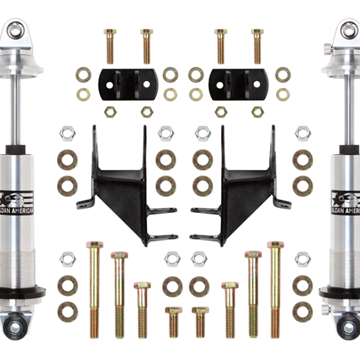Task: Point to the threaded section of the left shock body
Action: click(x=17, y=264)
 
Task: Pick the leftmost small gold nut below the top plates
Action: click(x=110, y=112)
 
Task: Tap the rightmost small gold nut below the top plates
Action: click(x=257, y=112)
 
